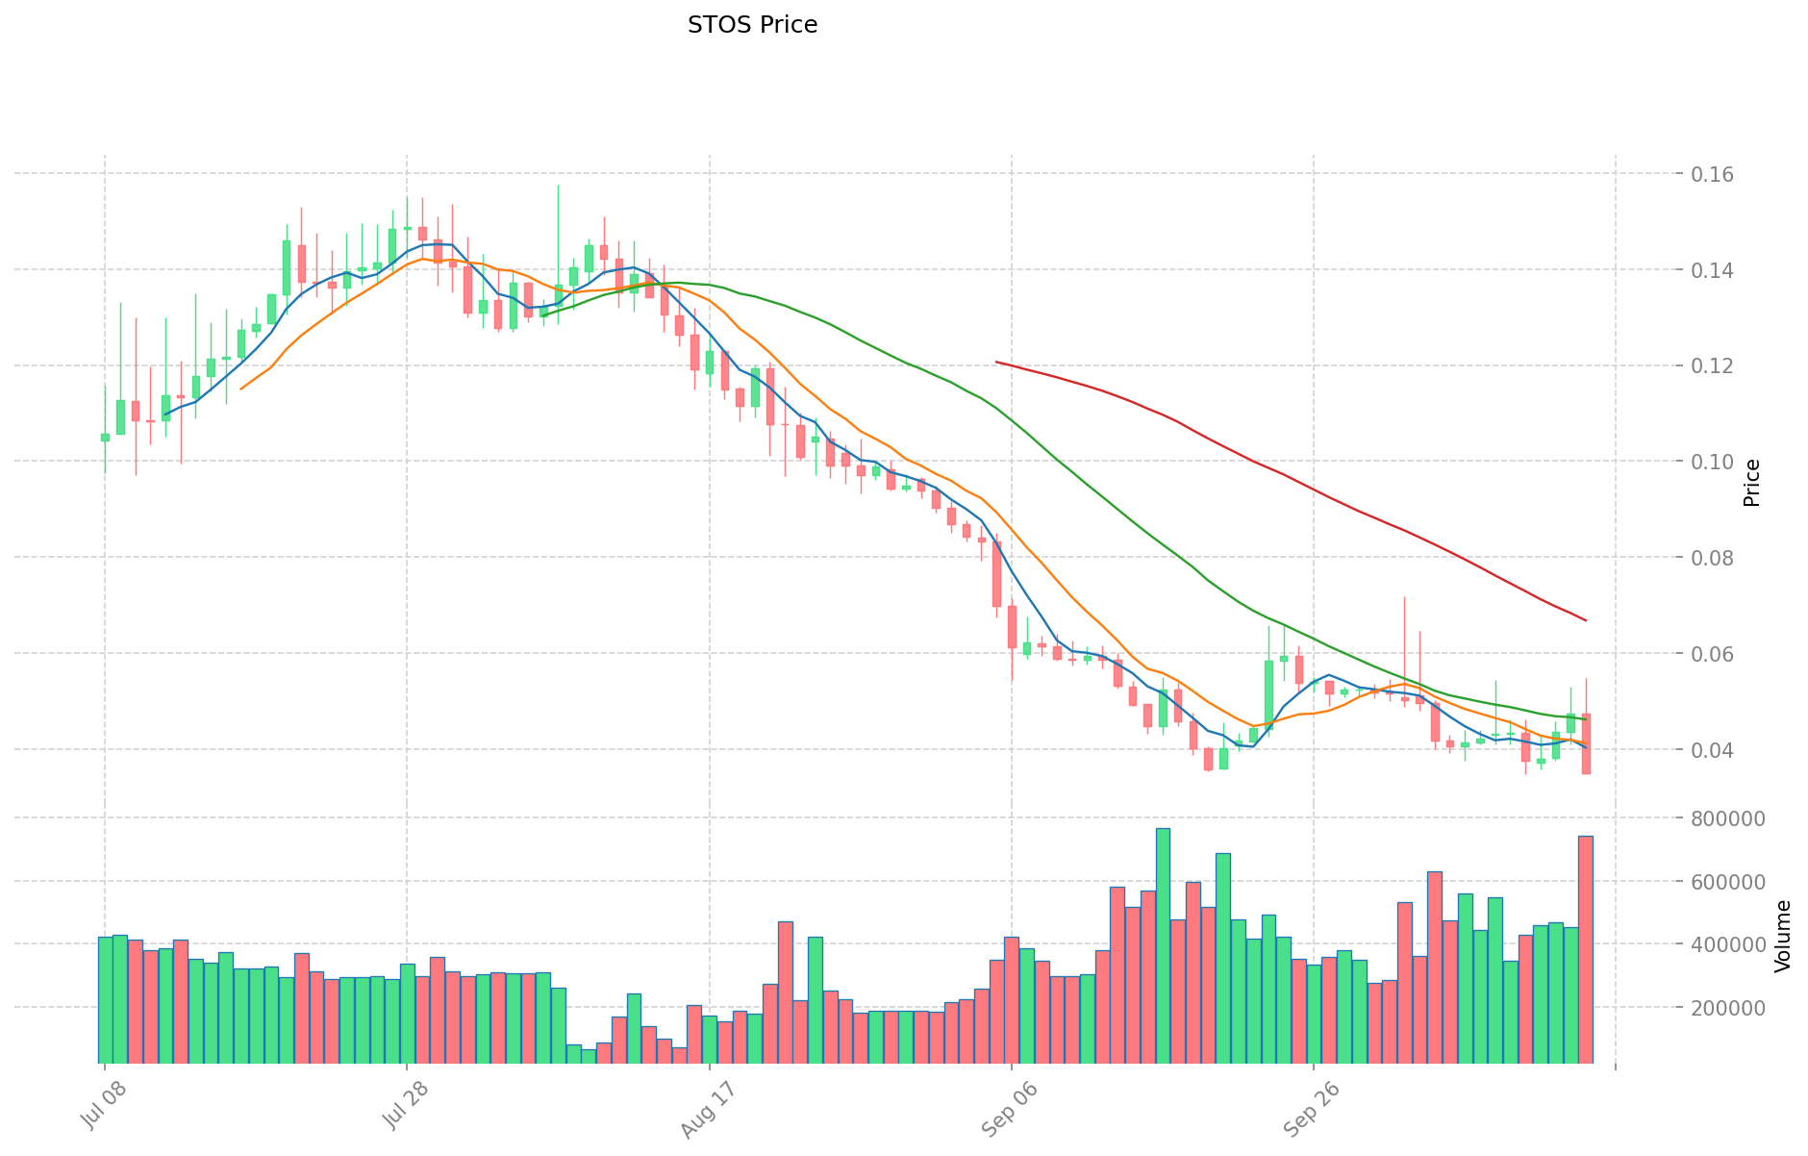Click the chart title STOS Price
(x=752, y=25)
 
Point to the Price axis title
(x=1752, y=483)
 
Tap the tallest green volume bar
(x=1163, y=944)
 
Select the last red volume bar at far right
(x=1585, y=948)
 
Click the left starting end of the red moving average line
(x=996, y=362)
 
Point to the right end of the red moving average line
(x=1585, y=620)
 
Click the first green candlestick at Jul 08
(x=105, y=437)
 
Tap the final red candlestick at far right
(x=1586, y=743)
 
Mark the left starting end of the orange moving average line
(x=240, y=389)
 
